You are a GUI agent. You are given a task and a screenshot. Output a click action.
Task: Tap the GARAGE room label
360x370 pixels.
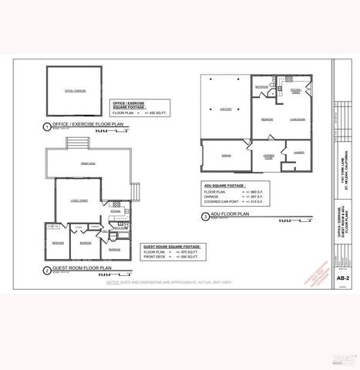[226, 155]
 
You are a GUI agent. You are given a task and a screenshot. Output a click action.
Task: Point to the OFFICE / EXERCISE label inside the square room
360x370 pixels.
[75, 91]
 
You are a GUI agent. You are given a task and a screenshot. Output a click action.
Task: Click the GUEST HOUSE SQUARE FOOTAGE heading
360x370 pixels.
[171, 247]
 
